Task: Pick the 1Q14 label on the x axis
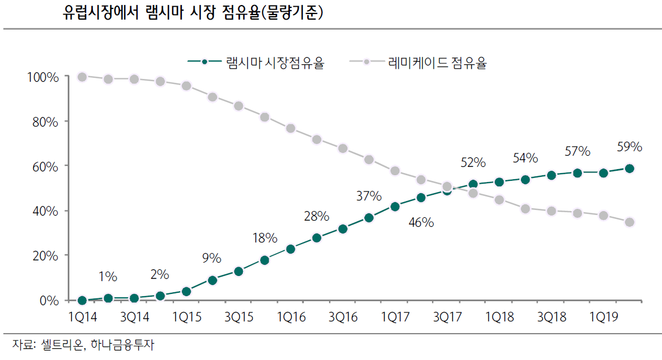82,317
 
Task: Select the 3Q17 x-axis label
447,317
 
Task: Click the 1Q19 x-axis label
603,317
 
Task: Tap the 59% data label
630,147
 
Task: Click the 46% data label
421,222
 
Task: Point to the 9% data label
212,259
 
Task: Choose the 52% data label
473,162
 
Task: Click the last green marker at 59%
630,169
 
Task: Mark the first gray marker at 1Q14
82,77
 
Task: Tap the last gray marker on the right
630,222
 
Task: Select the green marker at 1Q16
290,249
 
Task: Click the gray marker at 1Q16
290,128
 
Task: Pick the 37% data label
369,197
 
